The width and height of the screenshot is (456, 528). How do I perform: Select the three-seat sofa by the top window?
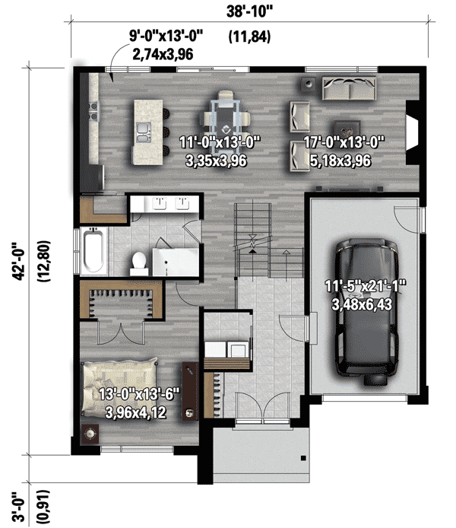tap(348, 89)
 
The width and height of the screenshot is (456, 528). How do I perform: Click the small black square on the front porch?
tap(302, 458)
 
